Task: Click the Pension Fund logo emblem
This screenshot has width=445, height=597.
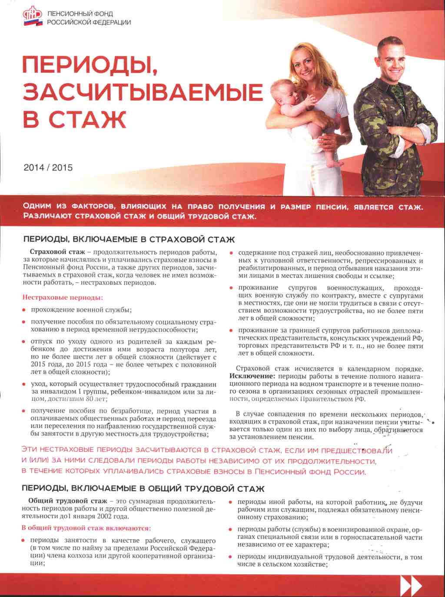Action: pos(32,18)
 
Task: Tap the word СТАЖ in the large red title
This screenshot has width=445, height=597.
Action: pos(87,119)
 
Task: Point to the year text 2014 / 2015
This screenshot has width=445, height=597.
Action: pos(48,167)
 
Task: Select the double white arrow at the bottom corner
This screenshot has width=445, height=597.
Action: pos(410,586)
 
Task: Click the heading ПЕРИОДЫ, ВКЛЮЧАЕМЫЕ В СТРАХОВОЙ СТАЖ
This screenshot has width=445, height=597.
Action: pos(129,240)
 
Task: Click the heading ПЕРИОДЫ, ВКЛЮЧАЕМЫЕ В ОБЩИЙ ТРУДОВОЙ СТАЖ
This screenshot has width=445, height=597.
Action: pos(143,489)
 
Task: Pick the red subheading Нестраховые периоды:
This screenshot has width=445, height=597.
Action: pos(63,298)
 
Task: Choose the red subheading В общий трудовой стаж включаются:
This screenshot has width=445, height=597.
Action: pos(86,528)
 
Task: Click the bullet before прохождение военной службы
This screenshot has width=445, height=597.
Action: pos(24,310)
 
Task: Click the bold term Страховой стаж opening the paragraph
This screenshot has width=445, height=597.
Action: pos(57,252)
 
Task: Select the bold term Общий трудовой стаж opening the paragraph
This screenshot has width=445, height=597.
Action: pos(67,501)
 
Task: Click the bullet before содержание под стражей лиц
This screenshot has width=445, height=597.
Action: pos(232,253)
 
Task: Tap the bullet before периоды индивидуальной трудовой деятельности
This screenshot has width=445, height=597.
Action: pos(231,557)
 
